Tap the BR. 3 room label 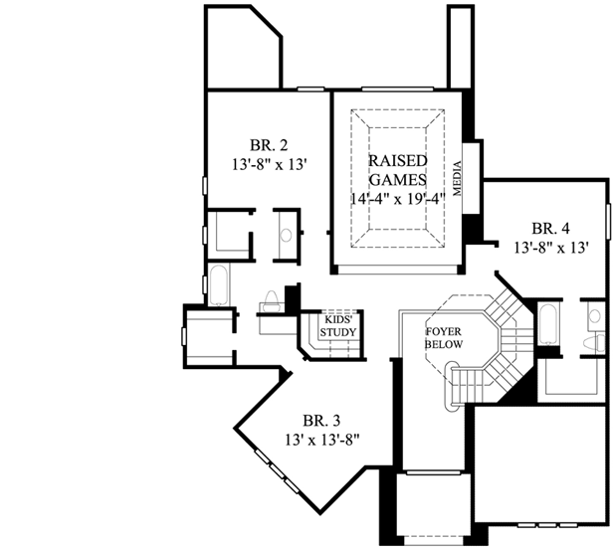[319, 419]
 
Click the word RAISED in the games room [398, 161]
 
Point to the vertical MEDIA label [459, 179]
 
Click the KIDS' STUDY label [338, 326]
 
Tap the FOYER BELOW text [441, 336]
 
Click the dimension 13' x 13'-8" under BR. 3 [321, 438]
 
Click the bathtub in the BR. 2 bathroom [219, 283]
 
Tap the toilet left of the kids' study [271, 300]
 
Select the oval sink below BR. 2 [287, 236]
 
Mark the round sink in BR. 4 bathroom [594, 316]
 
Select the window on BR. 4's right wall [606, 218]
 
